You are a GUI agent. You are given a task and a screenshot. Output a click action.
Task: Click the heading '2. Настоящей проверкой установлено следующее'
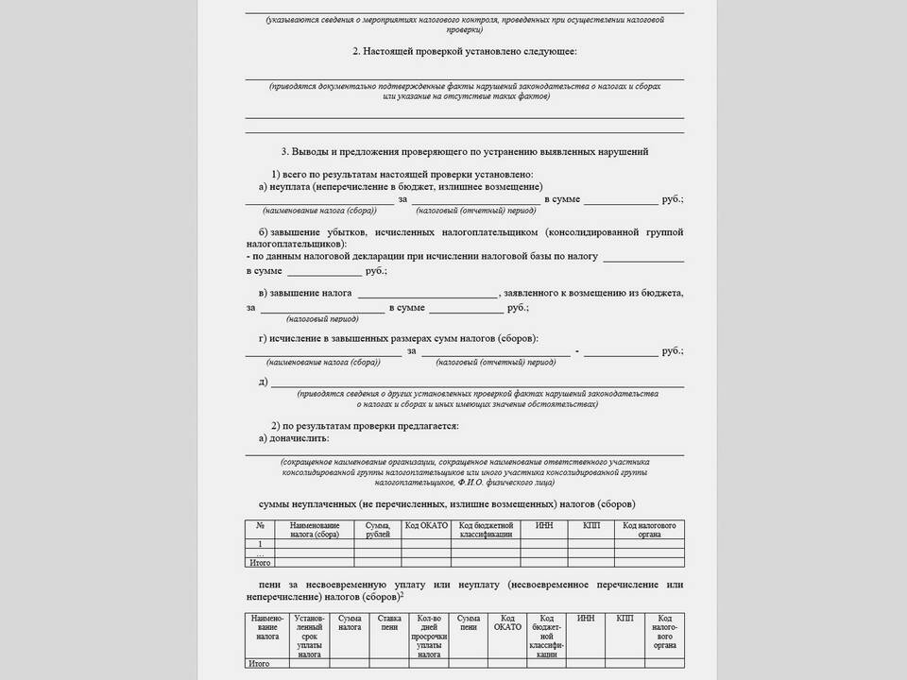464,51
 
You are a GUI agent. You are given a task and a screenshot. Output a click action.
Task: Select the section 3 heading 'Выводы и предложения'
464,151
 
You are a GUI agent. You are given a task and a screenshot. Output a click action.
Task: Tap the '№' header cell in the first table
260,525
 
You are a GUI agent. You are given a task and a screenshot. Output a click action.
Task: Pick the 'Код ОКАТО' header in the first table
425,525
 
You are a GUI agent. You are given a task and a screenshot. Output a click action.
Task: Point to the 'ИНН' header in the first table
543,525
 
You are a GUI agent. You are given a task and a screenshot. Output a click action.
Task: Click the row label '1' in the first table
260,545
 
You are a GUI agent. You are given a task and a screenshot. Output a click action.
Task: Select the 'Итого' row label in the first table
259,563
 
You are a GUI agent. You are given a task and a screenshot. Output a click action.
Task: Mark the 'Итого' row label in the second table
259,664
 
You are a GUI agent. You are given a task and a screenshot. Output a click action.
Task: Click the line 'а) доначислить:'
294,439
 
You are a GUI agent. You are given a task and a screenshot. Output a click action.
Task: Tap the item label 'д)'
263,382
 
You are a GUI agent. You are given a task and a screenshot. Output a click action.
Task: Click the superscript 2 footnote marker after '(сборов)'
402,595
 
